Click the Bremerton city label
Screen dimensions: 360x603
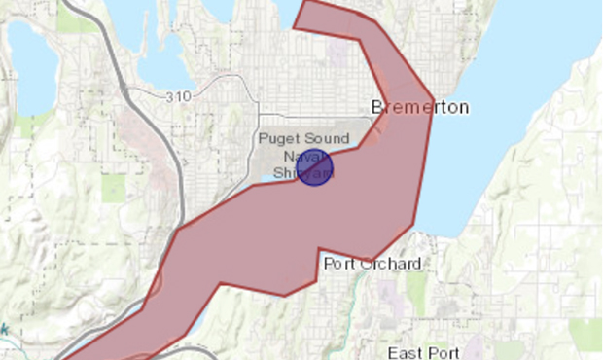point(420,106)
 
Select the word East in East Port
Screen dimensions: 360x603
point(405,352)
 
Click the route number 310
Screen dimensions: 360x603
point(178,96)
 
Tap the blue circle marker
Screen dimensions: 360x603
point(315,168)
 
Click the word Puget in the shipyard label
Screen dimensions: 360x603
point(280,139)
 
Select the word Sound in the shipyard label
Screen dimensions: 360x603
point(327,139)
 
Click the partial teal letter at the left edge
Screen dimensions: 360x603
point(4,330)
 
